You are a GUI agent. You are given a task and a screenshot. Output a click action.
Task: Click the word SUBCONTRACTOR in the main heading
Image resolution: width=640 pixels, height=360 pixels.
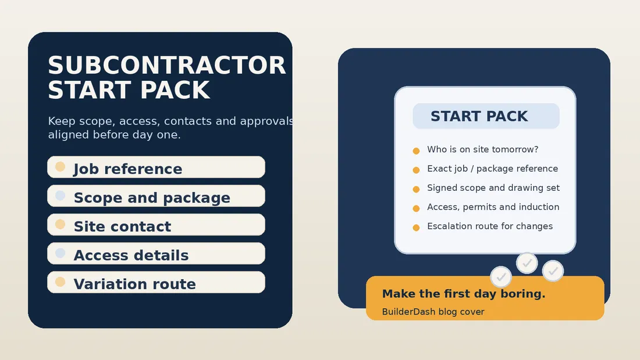[166, 65]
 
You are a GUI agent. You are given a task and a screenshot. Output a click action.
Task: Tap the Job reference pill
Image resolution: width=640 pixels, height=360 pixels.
[156, 167]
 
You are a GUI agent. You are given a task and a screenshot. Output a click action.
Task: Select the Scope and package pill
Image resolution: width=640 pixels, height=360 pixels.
[156, 196]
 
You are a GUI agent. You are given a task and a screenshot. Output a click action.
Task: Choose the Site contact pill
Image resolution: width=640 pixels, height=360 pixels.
[156, 224]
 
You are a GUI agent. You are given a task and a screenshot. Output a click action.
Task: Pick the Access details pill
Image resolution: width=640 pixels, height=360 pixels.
[156, 254]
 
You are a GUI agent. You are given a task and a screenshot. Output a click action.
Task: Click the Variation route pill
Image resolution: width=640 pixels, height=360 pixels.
[156, 282]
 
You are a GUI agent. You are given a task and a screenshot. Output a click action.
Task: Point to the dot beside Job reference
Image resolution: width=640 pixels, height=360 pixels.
[60, 166]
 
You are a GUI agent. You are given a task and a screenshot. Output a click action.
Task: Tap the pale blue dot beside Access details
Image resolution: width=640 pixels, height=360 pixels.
[60, 253]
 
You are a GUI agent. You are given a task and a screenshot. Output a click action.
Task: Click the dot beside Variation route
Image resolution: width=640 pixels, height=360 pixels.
[60, 281]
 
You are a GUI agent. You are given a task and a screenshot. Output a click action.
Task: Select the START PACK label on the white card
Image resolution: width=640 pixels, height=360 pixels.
[479, 116]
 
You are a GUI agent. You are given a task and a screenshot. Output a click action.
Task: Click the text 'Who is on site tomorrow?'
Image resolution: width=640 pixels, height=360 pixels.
[482, 149]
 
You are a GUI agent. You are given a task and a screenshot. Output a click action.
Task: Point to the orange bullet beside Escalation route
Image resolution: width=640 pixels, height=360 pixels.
[416, 227]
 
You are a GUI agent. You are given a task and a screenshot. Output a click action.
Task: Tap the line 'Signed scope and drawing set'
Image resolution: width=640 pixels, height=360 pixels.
[493, 188]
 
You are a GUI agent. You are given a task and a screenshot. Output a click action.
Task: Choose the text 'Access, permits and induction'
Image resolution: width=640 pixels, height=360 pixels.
[493, 207]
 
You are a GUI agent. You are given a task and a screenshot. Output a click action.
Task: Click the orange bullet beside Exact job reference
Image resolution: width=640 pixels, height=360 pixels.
[416, 170]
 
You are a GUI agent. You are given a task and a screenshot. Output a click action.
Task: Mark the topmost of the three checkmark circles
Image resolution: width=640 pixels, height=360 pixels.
[527, 263]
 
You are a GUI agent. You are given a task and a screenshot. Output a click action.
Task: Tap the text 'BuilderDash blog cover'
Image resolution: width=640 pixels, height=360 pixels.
[433, 312]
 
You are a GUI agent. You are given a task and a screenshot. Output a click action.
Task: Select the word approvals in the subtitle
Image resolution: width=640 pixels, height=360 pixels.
[266, 122]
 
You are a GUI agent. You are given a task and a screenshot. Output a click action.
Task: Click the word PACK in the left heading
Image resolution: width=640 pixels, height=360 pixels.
[175, 90]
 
